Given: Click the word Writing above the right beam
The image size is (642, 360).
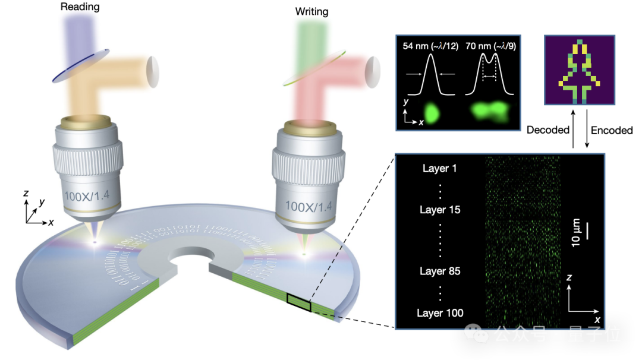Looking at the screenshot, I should [x=311, y=12].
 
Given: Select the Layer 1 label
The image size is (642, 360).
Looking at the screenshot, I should [x=440, y=168].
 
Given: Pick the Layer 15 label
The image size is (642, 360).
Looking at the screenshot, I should [x=440, y=210].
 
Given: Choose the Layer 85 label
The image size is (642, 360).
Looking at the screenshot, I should [x=440, y=271].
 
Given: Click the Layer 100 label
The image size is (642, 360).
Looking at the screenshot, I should [x=440, y=313].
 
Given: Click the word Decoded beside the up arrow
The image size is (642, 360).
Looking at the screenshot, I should [x=548, y=130].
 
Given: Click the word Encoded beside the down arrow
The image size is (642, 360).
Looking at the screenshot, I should [x=612, y=130].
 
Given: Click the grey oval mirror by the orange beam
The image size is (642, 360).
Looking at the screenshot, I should [x=153, y=70].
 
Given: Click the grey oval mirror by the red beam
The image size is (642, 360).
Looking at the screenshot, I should [x=373, y=70].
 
